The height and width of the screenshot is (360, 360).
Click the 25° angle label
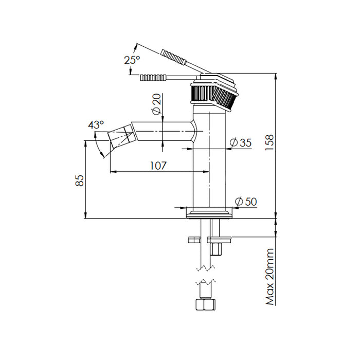click(x=132, y=60)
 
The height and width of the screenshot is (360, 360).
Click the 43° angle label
click(x=96, y=124)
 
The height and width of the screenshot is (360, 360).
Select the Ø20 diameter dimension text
click(x=156, y=105)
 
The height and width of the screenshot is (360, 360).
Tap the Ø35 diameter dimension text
click(x=241, y=142)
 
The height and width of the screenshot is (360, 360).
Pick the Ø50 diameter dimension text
click(x=246, y=202)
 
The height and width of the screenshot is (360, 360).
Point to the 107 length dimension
click(x=158, y=166)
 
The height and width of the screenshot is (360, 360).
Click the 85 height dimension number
click(x=80, y=181)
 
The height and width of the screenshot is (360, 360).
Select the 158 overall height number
click(x=270, y=142)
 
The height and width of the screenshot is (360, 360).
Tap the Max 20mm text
click(x=270, y=277)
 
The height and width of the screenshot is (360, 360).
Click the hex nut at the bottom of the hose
click(x=206, y=304)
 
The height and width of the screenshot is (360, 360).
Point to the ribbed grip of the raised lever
click(x=174, y=57)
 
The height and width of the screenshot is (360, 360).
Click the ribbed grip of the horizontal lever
click(x=153, y=78)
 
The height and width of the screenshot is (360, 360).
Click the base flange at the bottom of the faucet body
click(x=209, y=214)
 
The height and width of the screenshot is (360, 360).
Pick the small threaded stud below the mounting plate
click(x=217, y=249)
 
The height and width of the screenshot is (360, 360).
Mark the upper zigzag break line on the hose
click(x=206, y=268)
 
